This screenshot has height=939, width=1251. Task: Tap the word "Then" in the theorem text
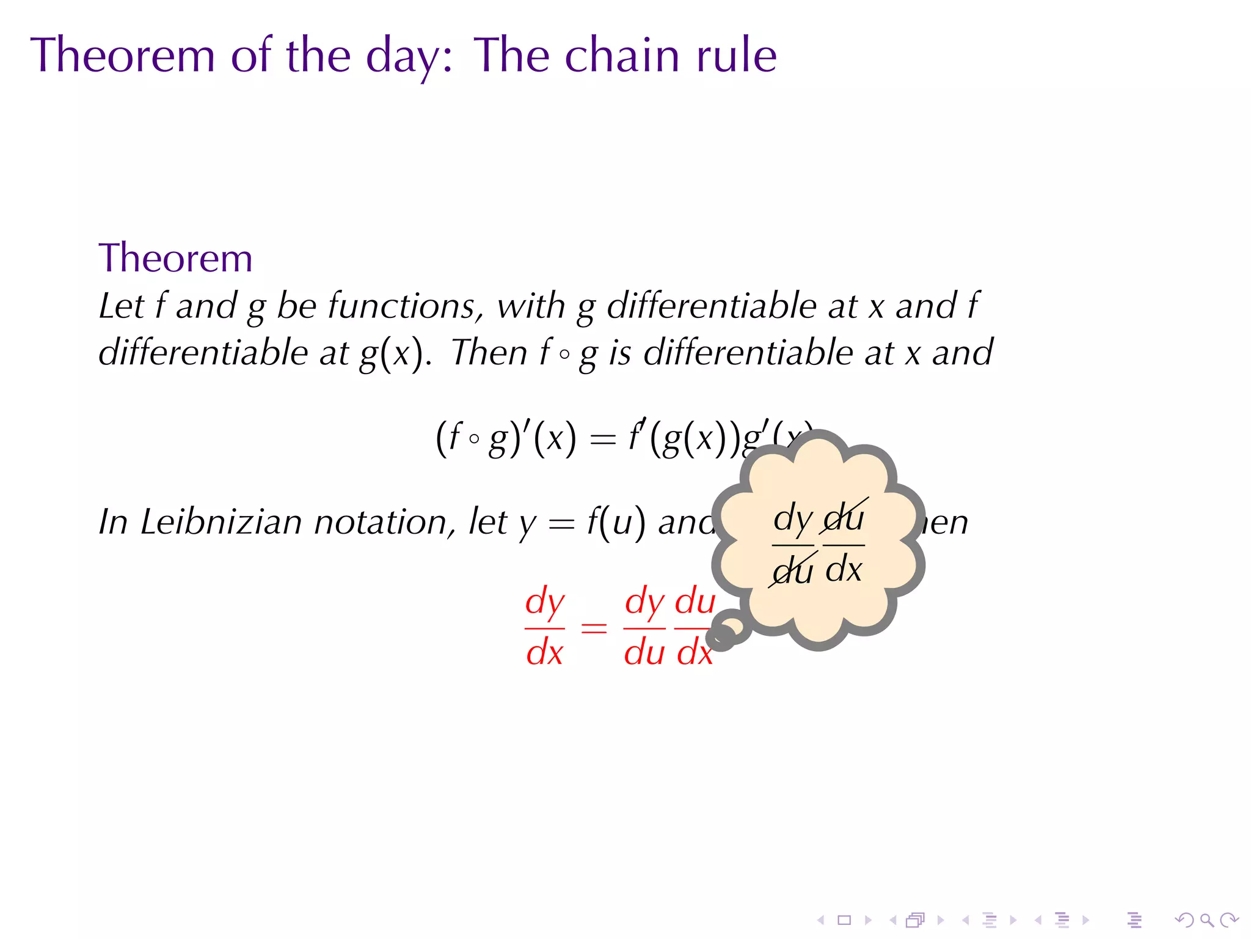point(489,353)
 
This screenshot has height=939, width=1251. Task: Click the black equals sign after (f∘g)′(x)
point(603,439)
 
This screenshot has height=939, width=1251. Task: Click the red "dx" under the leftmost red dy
point(544,653)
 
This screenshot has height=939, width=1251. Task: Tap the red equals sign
point(594,628)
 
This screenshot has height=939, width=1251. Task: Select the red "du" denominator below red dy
point(644,653)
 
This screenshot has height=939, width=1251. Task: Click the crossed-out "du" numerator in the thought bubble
point(844,518)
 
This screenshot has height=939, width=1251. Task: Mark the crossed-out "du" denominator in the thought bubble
point(793,570)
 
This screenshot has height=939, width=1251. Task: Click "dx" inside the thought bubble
point(844,570)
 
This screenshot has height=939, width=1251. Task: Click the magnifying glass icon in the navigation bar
point(1206,920)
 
